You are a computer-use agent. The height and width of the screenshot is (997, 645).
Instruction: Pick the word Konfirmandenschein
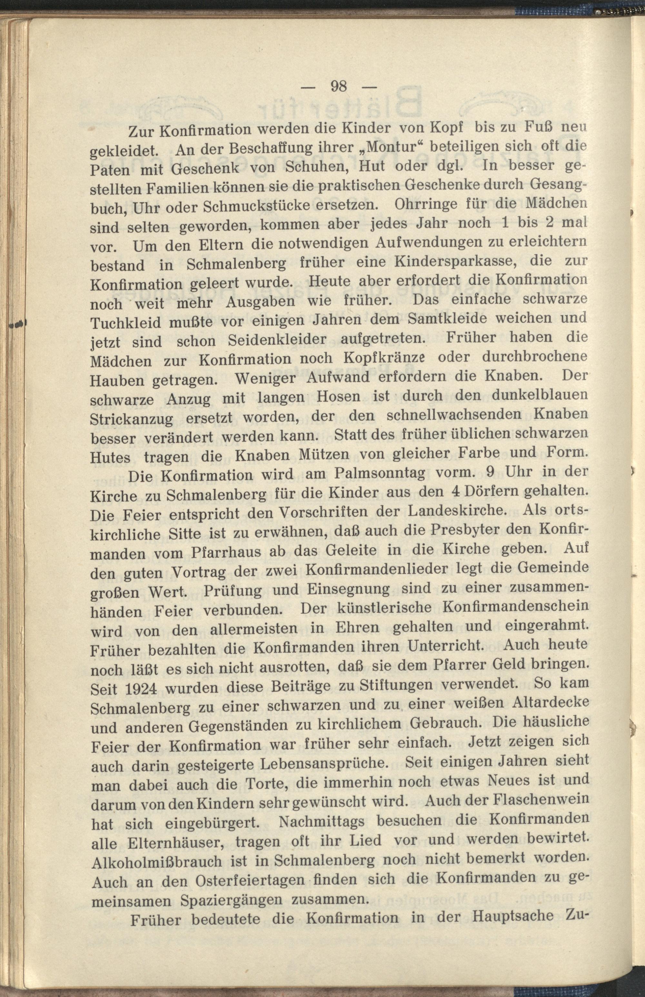[x=515, y=607]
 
